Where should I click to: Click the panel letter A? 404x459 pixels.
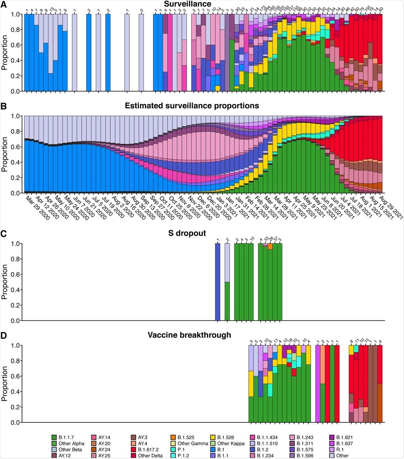click(x=4, y=4)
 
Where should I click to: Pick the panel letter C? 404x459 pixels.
click(x=4, y=233)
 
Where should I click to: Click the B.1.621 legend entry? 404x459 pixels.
click(x=342, y=437)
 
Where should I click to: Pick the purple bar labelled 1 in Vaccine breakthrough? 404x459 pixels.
click(x=318, y=384)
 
